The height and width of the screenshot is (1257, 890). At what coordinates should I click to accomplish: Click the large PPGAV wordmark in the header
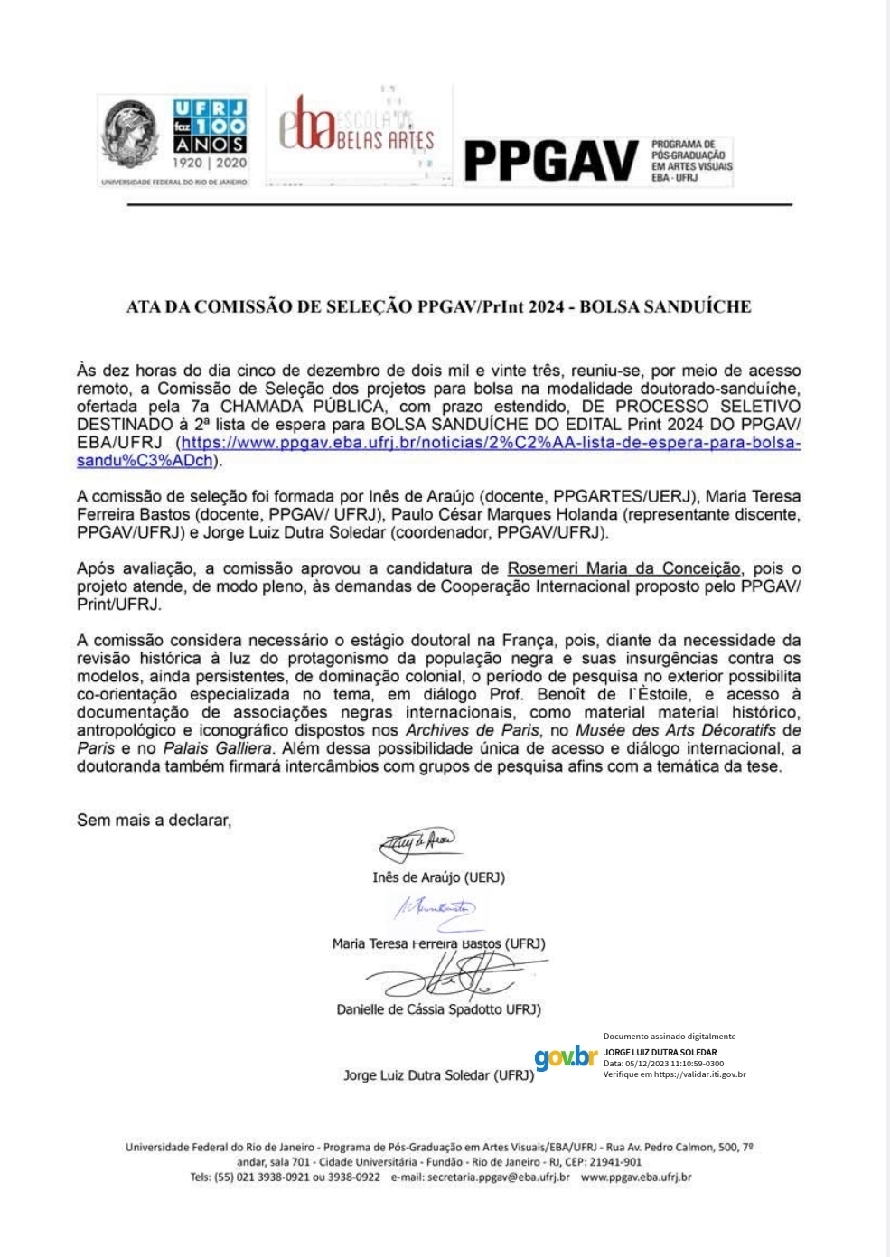tap(551, 161)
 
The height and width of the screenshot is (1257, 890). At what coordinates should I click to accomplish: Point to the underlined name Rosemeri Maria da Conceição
tap(623, 568)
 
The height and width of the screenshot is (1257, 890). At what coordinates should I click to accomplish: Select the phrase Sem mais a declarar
tap(155, 821)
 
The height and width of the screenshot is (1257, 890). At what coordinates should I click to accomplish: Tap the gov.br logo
tap(566, 1056)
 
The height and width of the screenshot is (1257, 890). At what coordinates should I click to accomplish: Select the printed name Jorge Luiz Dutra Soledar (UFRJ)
tap(439, 1075)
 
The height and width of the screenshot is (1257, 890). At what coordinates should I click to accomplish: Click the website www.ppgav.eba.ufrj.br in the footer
tap(636, 1177)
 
